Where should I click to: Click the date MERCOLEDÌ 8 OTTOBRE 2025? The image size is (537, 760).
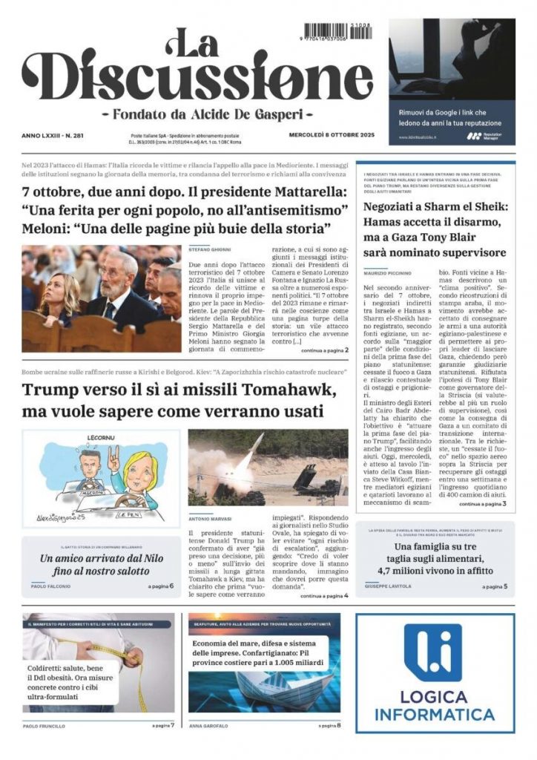(x=332, y=135)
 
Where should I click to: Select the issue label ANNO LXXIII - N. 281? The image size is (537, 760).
(x=53, y=135)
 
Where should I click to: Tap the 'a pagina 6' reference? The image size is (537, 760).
(x=160, y=586)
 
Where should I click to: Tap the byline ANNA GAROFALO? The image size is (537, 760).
(x=208, y=725)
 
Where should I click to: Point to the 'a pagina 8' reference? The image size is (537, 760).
(x=329, y=725)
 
